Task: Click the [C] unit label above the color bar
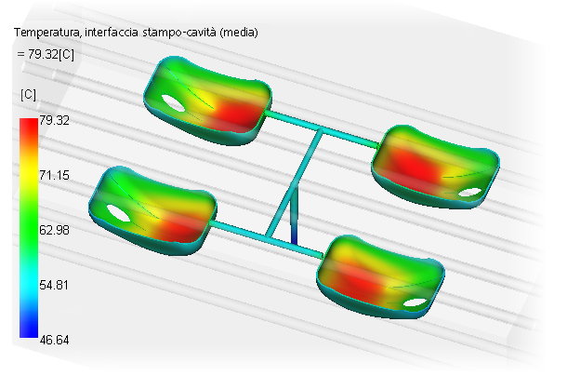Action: pyautogui.click(x=29, y=95)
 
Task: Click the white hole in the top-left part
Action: pyautogui.click(x=170, y=102)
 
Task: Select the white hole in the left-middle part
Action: pyautogui.click(x=118, y=213)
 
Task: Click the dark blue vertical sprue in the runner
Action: pyautogui.click(x=294, y=227)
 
